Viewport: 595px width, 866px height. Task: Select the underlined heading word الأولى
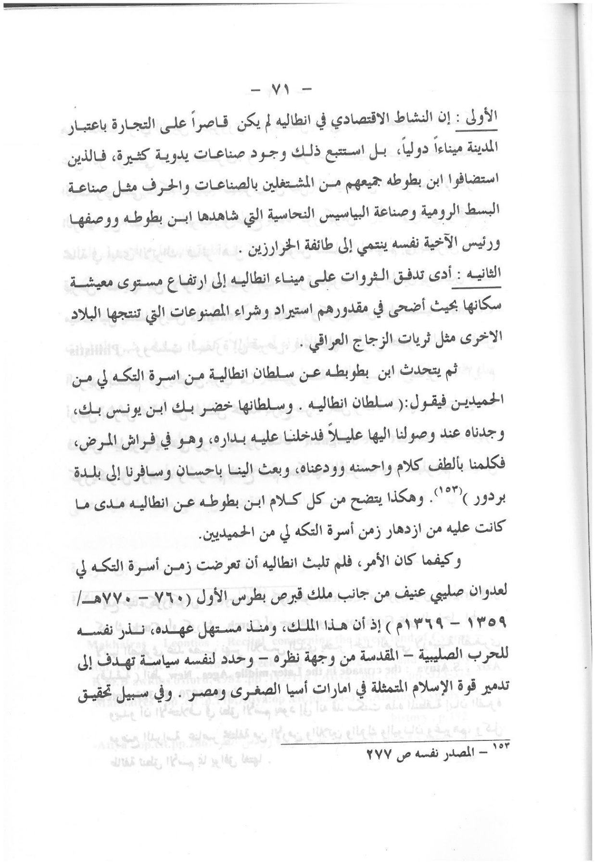click(x=484, y=117)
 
